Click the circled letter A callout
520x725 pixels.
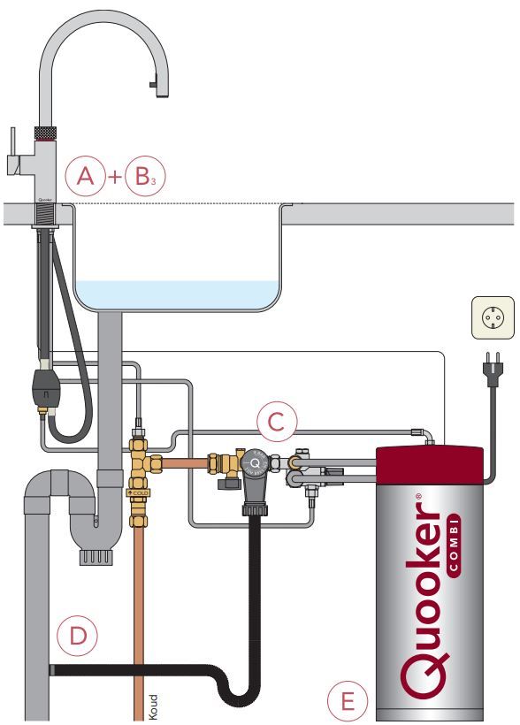pos(85,176)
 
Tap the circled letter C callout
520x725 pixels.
pos(276,424)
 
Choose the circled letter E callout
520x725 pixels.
pos(348,702)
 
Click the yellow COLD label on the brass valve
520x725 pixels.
pos(139,492)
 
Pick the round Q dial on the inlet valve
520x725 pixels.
pos(255,462)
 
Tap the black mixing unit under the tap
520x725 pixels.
pos(45,384)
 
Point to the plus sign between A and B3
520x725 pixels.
pos(114,177)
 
